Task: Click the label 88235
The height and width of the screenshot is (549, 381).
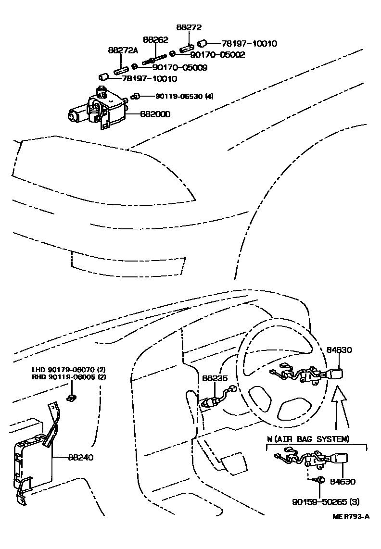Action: click(x=214, y=379)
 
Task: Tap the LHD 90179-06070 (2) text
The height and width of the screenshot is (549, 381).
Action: click(x=69, y=370)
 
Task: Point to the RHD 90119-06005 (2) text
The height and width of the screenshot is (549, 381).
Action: click(x=69, y=377)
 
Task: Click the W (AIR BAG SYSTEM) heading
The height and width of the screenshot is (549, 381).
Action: click(x=308, y=439)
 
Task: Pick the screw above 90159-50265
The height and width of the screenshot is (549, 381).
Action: click(x=321, y=480)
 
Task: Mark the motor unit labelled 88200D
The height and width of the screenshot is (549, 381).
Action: click(x=99, y=110)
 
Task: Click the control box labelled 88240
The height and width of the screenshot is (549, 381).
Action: click(x=31, y=462)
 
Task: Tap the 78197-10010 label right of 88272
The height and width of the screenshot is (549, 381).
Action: click(x=248, y=43)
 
